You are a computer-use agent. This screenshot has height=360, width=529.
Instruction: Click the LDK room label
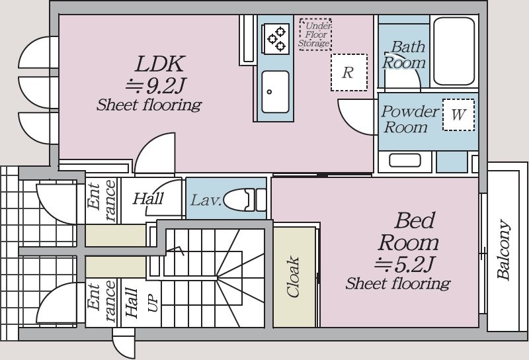[160, 64]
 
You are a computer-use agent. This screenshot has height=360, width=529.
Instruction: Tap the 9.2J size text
[155, 86]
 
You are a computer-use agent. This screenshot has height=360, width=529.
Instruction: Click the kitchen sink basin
[275, 91]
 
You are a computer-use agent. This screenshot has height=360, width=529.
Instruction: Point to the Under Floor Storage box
[315, 34]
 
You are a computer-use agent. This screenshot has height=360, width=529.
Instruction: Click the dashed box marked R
[349, 72]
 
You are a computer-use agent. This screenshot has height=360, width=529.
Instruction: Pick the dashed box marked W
[458, 114]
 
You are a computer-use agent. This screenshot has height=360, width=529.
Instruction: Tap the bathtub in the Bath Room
[454, 51]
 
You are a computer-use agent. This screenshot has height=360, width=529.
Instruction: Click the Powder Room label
[410, 119]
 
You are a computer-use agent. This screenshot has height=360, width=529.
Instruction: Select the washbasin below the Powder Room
[405, 160]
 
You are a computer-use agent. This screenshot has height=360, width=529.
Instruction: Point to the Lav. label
[206, 201]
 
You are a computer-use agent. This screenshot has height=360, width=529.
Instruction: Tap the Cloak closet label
[292, 277]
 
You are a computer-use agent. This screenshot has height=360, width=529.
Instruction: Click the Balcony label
[503, 249]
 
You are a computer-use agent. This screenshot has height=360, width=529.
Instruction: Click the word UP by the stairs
[152, 303]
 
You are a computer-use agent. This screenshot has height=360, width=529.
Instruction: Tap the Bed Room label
[409, 232]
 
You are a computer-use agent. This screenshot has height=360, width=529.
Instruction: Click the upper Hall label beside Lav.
[148, 199]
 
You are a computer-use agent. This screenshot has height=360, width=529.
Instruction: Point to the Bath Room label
[404, 55]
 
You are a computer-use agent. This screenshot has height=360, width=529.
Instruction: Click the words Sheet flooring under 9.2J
[149, 105]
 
